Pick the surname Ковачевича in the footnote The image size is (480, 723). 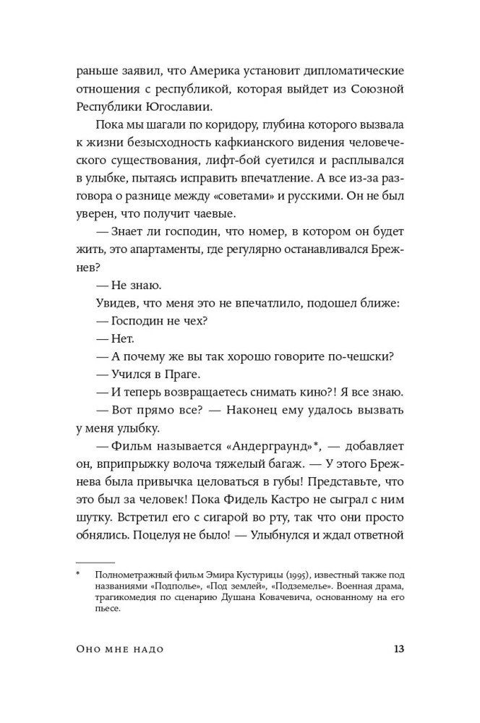(260, 598)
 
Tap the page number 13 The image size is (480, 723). (395, 649)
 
